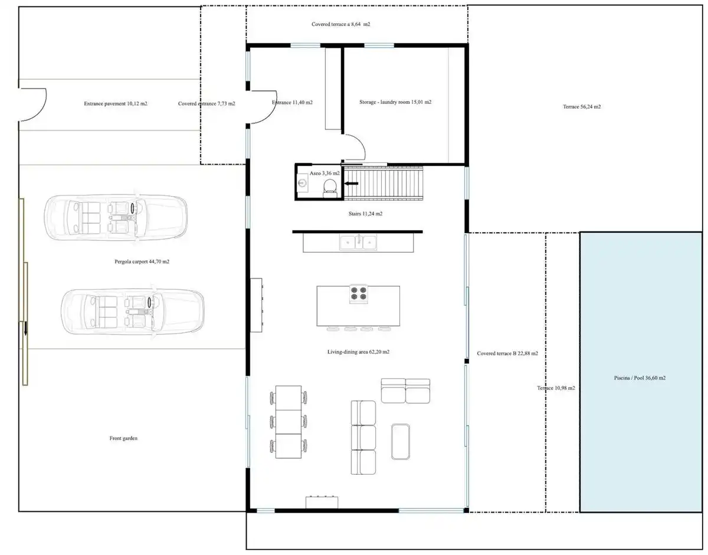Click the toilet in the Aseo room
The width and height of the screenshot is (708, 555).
330,188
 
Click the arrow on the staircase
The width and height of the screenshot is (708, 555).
352,184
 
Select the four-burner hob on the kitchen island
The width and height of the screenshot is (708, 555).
358,293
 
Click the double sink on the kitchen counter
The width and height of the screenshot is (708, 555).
358,243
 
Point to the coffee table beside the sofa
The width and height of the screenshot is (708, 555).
400,442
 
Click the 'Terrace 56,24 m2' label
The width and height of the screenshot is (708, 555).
582,106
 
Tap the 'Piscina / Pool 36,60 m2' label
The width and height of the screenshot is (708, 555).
640,378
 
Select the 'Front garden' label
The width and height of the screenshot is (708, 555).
123,438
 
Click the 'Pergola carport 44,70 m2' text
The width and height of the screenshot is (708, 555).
142,262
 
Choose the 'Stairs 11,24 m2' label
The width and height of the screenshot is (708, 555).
365,214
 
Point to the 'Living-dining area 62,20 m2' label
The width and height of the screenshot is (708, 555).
358,352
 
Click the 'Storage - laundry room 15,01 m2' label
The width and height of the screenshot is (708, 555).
395,102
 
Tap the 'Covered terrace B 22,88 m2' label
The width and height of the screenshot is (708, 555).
507,353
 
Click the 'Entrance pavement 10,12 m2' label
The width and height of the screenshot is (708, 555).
116,104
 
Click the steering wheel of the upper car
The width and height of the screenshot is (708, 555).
133,208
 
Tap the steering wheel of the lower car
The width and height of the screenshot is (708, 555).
149,302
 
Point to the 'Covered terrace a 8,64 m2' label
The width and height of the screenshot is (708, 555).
340,24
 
